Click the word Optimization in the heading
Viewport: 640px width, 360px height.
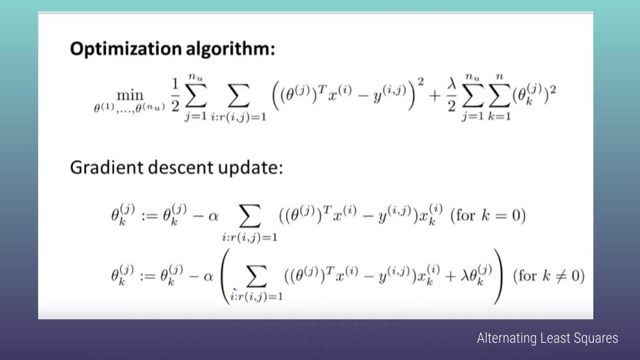click(x=126, y=49)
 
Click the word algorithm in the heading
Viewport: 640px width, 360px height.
click(x=230, y=48)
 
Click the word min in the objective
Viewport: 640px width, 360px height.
click(x=130, y=95)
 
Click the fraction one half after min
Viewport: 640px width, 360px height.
click(x=175, y=95)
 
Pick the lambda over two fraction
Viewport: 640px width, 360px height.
click(x=451, y=95)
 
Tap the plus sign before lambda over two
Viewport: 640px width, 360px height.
click(x=434, y=96)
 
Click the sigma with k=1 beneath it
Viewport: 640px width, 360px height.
click(x=499, y=96)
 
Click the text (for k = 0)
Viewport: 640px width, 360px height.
click(x=488, y=215)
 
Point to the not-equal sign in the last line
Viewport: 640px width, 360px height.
click(x=561, y=276)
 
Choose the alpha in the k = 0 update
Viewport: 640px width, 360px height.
click(x=213, y=216)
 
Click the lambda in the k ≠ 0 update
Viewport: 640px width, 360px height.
click(x=465, y=276)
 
